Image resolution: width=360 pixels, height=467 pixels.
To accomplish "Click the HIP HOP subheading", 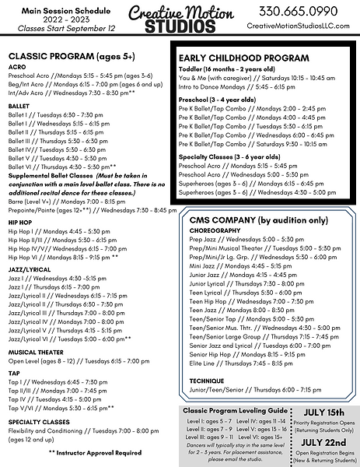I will point(21,221).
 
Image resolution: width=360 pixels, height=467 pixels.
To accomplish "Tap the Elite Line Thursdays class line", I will point(230,363).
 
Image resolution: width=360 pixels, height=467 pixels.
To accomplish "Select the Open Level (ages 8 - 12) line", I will point(79,361).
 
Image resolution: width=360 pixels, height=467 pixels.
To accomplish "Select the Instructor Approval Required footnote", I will point(95,452).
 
